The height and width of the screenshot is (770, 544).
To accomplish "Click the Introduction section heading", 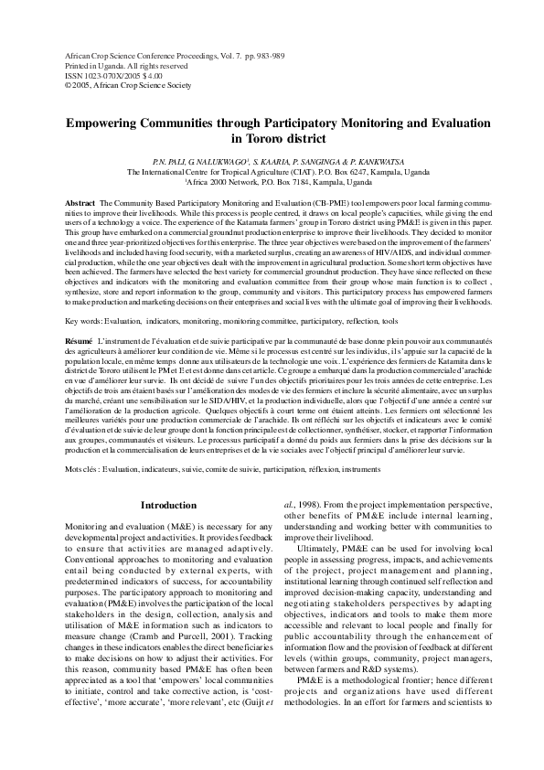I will [168, 506].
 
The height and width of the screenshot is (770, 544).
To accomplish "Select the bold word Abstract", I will [83, 200].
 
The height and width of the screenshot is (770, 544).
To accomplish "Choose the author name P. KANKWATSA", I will [389, 160].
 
